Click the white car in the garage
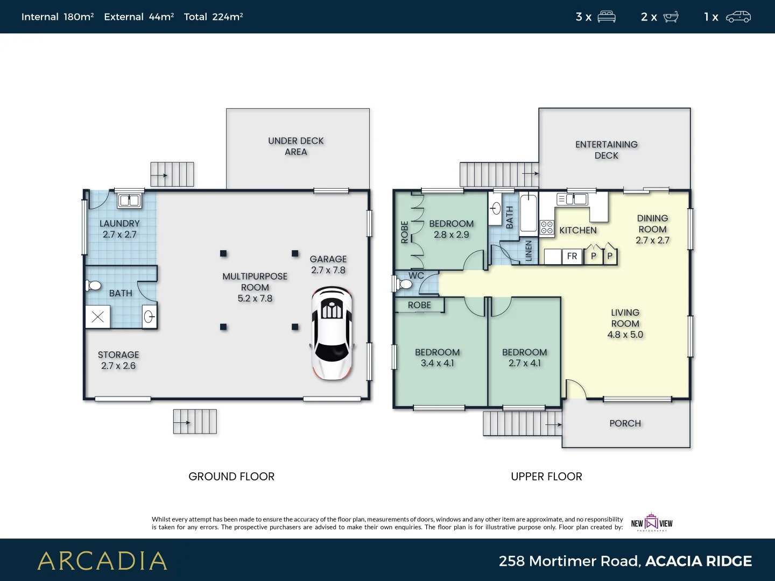click(x=332, y=334)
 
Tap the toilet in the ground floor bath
click(x=94, y=285)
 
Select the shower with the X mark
click(x=98, y=317)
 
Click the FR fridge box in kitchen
click(x=572, y=257)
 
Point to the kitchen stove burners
click(x=547, y=228)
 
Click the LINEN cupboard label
click(x=529, y=251)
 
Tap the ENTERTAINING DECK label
click(x=606, y=150)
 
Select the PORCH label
click(x=625, y=423)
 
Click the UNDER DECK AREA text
click(x=295, y=146)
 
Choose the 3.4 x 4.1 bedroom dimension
click(x=437, y=364)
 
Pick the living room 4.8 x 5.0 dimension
click(x=625, y=335)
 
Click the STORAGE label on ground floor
click(x=118, y=355)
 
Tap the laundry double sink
click(x=129, y=201)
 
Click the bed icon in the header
click(x=607, y=17)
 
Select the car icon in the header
click(x=738, y=17)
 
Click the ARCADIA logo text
click(x=102, y=561)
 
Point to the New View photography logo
click(x=652, y=522)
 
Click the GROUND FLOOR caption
click(x=231, y=477)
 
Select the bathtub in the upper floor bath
click(x=529, y=214)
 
